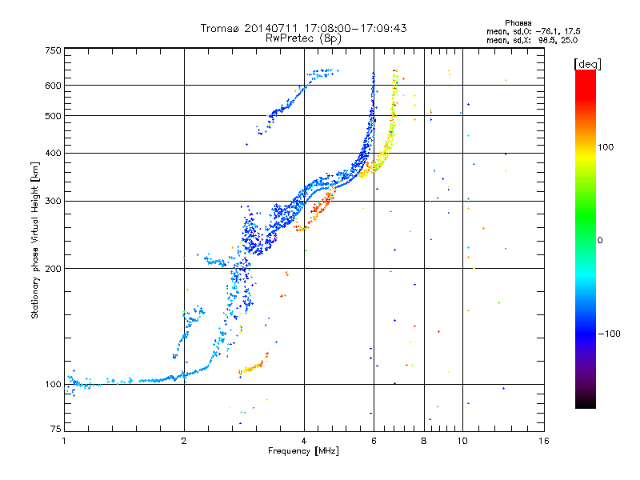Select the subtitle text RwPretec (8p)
click(x=303, y=38)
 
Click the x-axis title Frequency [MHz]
click(x=303, y=451)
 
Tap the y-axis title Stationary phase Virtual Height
click(x=35, y=241)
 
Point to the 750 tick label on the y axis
click(x=53, y=50)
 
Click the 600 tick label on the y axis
click(x=53, y=86)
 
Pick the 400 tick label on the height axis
click(x=53, y=154)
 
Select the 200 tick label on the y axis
click(x=53, y=269)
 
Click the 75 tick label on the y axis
click(x=56, y=429)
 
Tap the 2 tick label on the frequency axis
click(x=184, y=441)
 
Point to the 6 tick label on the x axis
click(x=374, y=441)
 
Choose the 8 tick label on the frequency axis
click(x=424, y=441)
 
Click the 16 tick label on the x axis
click(x=544, y=441)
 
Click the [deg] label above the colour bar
click(x=587, y=64)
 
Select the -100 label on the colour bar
click(x=609, y=334)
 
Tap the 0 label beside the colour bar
click(x=600, y=241)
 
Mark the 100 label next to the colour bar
click(x=606, y=147)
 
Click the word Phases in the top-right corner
click(x=518, y=23)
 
